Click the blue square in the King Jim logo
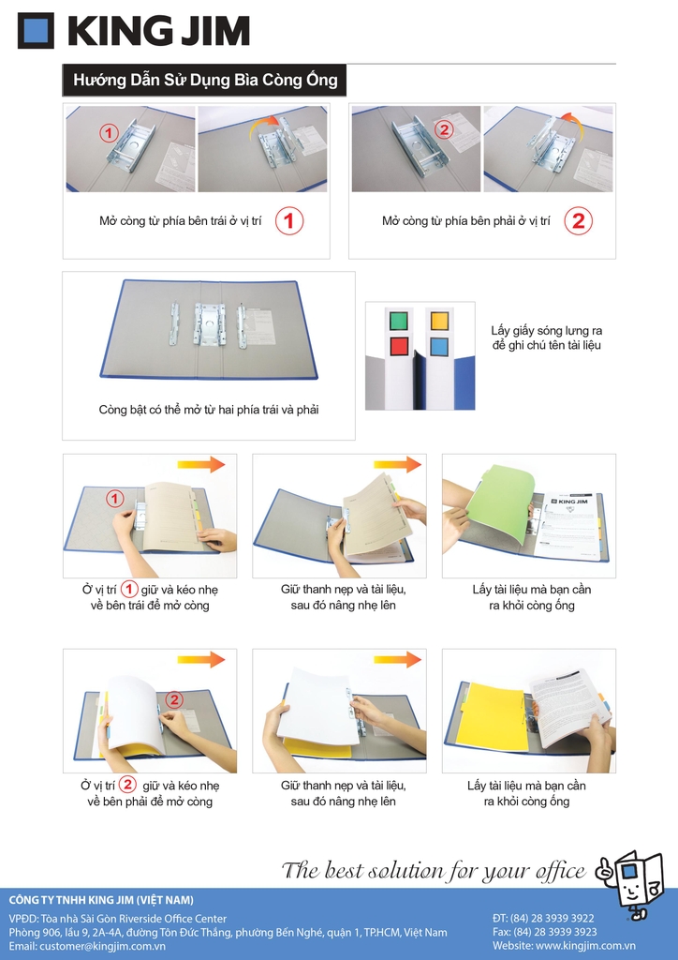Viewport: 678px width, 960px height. pyautogui.click(x=37, y=31)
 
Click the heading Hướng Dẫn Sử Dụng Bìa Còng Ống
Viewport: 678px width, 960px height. pyautogui.click(x=205, y=81)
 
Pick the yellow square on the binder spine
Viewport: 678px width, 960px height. pyautogui.click(x=439, y=321)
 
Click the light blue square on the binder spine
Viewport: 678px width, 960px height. pyautogui.click(x=439, y=346)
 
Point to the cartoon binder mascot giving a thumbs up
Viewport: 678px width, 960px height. pyautogui.click(x=629, y=881)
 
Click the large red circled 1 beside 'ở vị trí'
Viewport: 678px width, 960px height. pyautogui.click(x=288, y=221)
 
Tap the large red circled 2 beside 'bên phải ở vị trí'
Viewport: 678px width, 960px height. pyautogui.click(x=579, y=221)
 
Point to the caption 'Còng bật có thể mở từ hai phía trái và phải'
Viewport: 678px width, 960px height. pyautogui.click(x=209, y=410)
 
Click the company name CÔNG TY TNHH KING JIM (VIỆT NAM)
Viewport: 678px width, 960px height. pyautogui.click(x=101, y=900)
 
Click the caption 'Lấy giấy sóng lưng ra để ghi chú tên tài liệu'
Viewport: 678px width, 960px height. pyautogui.click(x=547, y=337)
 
